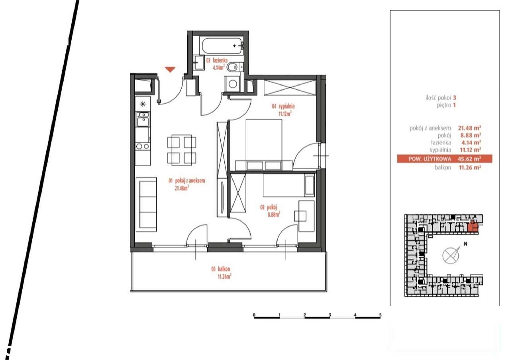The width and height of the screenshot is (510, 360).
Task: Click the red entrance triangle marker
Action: click(170, 70)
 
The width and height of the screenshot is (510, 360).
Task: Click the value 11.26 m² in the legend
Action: click(470, 168)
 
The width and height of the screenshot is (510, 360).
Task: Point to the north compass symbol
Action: click(451, 254)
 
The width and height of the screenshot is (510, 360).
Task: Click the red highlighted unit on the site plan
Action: click(473, 226)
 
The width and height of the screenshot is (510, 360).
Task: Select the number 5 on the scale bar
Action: click(381, 315)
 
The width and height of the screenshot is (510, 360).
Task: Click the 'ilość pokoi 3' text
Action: click(440, 97)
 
